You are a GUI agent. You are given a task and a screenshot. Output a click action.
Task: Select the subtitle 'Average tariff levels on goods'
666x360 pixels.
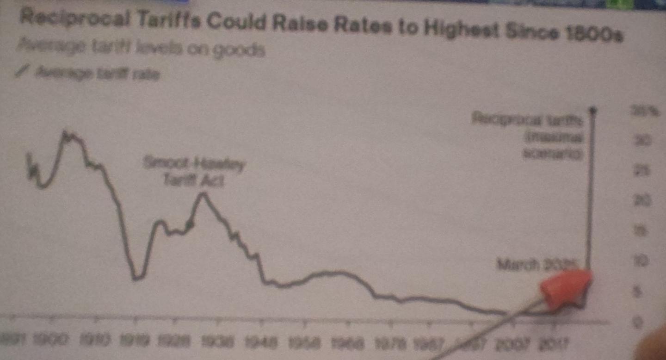tap(141, 48)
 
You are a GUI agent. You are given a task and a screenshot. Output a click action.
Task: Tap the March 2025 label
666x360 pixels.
tap(536, 265)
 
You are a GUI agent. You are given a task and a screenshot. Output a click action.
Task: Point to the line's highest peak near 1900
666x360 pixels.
tap(65, 134)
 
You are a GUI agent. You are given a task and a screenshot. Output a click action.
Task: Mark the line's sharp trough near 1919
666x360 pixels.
tap(135, 279)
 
